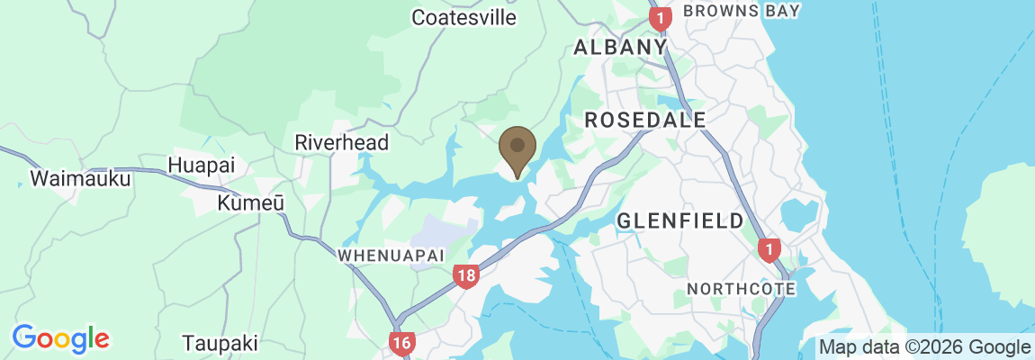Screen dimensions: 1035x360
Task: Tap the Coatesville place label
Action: point(464,17)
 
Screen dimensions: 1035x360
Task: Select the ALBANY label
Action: point(620,47)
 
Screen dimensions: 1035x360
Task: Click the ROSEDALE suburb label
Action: point(644,119)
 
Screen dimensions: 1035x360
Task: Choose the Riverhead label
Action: point(342,142)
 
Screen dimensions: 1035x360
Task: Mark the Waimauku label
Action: point(80,178)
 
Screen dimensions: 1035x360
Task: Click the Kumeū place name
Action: point(251,203)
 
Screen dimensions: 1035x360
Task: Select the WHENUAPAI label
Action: point(391,256)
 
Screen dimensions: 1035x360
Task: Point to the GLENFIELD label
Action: point(680,220)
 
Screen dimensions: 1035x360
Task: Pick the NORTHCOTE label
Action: point(741,289)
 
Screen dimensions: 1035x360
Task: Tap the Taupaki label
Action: point(220,343)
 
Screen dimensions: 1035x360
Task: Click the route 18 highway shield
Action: point(465,276)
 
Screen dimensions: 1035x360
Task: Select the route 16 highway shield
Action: point(402,342)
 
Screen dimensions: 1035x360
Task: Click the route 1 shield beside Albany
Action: point(661,17)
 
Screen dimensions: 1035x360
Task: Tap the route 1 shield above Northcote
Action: point(768,249)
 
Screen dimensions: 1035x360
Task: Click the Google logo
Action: point(60,338)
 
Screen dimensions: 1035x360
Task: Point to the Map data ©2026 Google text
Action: point(924,347)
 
